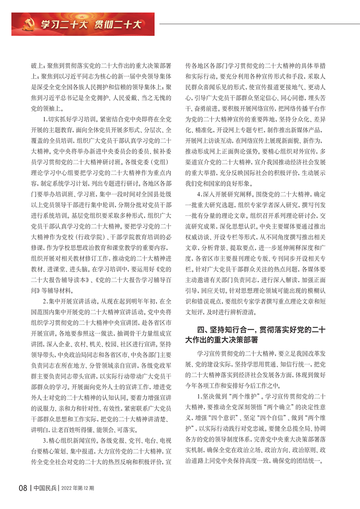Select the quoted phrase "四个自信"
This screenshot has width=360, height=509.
(x=277, y=413)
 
